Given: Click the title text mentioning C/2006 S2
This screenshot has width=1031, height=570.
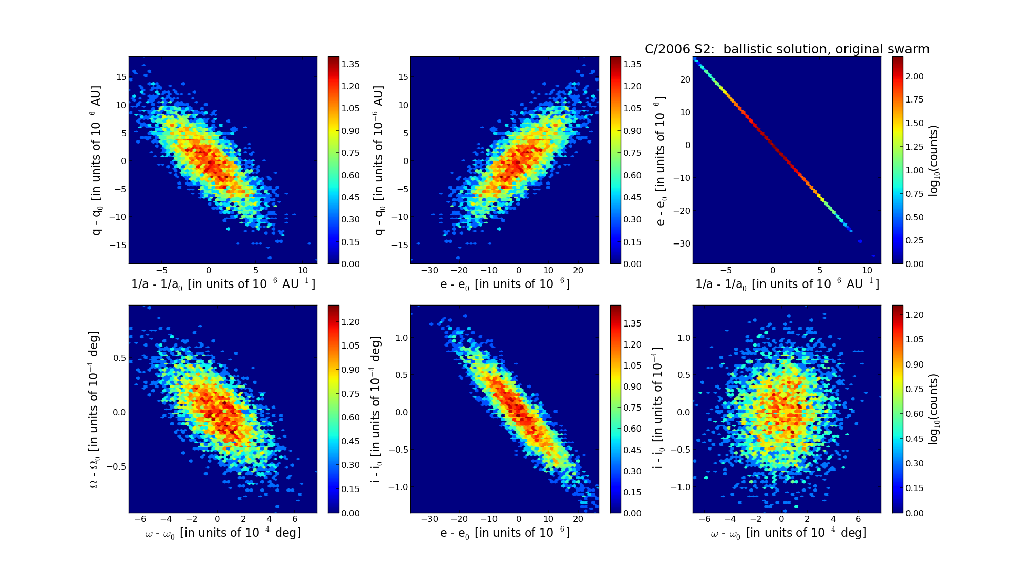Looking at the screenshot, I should (x=787, y=49).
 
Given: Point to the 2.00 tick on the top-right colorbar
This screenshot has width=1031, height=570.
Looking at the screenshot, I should (x=915, y=76).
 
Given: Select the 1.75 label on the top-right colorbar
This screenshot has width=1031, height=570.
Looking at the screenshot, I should (x=915, y=99).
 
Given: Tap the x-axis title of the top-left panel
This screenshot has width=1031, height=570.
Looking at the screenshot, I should (x=223, y=284).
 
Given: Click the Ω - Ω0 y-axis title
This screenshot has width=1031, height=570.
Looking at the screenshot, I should (x=94, y=409).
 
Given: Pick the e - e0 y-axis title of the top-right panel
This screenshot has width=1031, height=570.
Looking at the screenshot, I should (x=661, y=160).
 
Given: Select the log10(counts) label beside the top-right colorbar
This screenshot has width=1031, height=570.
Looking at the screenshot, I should (x=934, y=160).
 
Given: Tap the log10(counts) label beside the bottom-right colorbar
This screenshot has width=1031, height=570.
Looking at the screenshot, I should (x=934, y=409).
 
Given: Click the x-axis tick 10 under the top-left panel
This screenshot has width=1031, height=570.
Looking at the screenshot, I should (x=303, y=271).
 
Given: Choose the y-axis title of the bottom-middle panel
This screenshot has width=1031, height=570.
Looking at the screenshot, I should (x=376, y=409).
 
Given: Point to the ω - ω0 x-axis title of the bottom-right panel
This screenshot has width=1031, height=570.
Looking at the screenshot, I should (x=788, y=533).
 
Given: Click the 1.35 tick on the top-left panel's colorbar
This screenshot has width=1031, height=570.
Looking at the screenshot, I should (x=350, y=64).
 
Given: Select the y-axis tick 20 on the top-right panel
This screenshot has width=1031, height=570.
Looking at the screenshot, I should (x=685, y=79).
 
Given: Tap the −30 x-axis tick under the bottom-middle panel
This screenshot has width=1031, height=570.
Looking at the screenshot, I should (x=429, y=519).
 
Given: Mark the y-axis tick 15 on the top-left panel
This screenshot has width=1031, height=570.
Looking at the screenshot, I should (x=121, y=77).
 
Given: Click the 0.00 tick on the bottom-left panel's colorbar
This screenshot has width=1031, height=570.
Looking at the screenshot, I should (x=350, y=513).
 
